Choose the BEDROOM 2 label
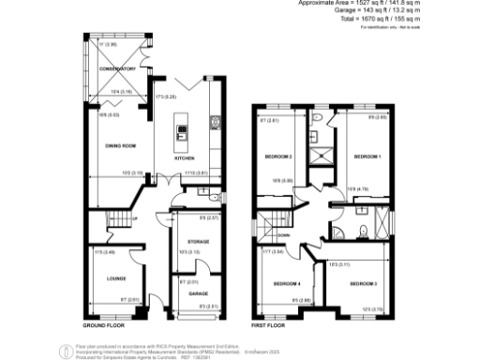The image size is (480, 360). tap(278, 156)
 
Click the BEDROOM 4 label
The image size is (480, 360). tap(285, 282)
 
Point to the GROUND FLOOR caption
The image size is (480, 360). tap(103, 325)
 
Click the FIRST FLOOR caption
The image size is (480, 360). tap(268, 325)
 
